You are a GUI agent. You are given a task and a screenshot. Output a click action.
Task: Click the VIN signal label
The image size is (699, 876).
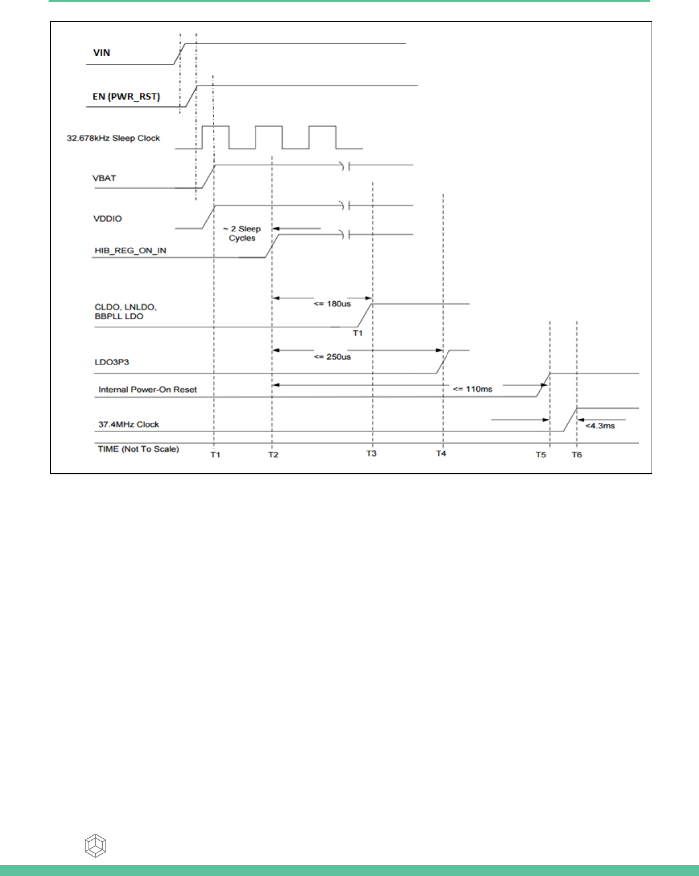click(x=102, y=53)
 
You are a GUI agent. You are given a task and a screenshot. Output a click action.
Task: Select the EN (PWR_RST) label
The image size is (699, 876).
click(x=126, y=97)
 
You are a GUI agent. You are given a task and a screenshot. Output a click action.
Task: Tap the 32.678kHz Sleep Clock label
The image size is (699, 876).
click(x=113, y=138)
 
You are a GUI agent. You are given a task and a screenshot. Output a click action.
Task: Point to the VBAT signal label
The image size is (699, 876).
click(x=104, y=178)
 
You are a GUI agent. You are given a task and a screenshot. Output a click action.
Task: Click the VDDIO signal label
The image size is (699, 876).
click(x=107, y=219)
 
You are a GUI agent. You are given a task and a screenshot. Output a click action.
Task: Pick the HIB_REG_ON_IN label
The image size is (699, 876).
click(x=130, y=250)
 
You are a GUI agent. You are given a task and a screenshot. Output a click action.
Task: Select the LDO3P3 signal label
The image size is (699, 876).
click(x=111, y=362)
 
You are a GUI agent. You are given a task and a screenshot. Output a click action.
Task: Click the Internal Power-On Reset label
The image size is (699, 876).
click(x=147, y=390)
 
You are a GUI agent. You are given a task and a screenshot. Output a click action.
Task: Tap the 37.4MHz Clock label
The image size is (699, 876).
click(x=128, y=425)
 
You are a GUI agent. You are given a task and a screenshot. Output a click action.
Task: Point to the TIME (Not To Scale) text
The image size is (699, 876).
click(x=138, y=449)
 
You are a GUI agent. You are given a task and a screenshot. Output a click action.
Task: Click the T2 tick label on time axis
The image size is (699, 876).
click(x=273, y=454)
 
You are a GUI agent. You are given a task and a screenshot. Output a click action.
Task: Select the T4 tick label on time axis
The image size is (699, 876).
click(x=441, y=454)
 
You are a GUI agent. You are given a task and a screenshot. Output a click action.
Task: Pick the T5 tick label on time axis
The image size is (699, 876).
click(x=540, y=455)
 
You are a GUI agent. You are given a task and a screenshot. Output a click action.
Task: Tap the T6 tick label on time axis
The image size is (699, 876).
click(x=577, y=455)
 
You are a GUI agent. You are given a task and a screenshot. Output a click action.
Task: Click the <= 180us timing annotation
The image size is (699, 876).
click(x=332, y=304)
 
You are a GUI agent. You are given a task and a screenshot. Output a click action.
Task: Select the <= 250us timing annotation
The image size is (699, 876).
click(x=332, y=357)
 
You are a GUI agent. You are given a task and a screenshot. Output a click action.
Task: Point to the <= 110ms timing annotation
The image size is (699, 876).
click(x=472, y=389)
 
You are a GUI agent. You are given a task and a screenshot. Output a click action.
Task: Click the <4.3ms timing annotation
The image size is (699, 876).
click(x=600, y=426)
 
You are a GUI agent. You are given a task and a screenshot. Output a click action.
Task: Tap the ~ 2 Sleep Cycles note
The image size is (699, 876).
click(x=242, y=233)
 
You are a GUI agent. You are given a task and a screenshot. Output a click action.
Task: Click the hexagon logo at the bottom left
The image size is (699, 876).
click(x=95, y=846)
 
